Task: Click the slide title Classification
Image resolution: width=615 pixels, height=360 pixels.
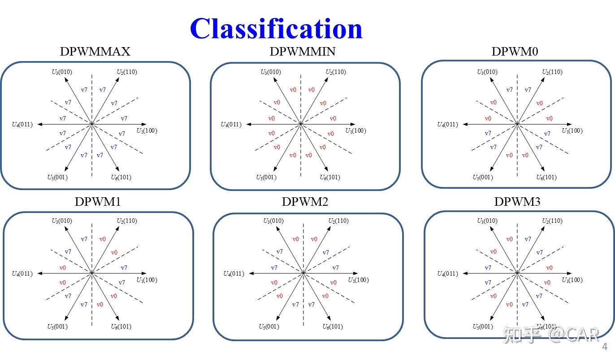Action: (276, 29)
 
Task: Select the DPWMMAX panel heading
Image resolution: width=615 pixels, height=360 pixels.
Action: (95, 52)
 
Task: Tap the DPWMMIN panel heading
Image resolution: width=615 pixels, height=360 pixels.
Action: (303, 52)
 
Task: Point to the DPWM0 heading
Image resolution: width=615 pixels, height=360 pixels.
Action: (515, 52)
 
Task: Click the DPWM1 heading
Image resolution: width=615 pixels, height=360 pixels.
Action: (98, 202)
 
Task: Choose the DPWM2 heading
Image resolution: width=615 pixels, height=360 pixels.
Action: (305, 202)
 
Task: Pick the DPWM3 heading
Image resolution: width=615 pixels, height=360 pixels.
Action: (517, 202)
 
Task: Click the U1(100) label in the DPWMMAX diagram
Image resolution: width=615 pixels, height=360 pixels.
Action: (147, 131)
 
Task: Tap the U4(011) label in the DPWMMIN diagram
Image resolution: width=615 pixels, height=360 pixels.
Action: (231, 125)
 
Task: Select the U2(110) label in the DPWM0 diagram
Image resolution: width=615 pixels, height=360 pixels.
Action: (552, 72)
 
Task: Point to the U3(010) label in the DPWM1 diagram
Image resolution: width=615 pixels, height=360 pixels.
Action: (62, 221)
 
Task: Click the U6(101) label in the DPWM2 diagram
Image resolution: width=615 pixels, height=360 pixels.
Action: (333, 327)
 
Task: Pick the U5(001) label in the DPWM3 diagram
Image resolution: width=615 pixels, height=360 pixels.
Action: (483, 327)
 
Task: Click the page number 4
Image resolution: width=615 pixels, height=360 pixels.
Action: (605, 347)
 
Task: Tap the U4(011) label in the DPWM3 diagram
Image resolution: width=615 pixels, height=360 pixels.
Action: (447, 274)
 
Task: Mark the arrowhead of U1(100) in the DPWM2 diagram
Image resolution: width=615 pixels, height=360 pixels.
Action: (356, 273)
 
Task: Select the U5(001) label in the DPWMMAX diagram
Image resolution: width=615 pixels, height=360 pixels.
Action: (57, 178)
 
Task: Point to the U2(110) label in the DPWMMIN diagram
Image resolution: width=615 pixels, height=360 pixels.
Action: (336, 72)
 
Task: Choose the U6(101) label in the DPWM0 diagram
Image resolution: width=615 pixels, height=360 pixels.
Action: (546, 178)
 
